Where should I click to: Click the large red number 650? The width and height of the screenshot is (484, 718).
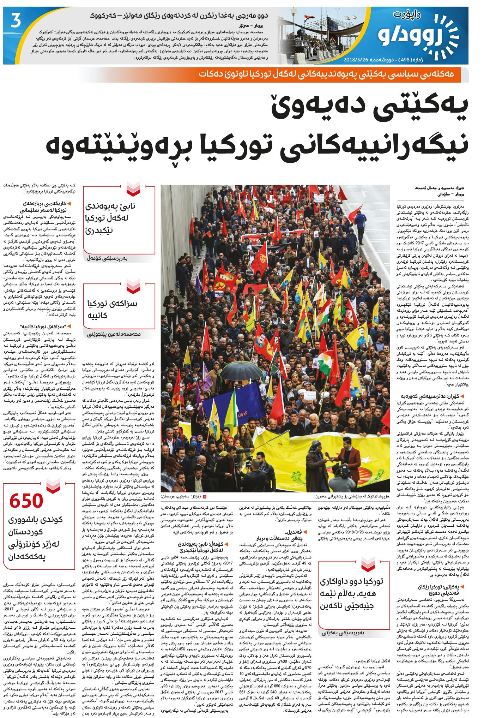click(26, 501)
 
